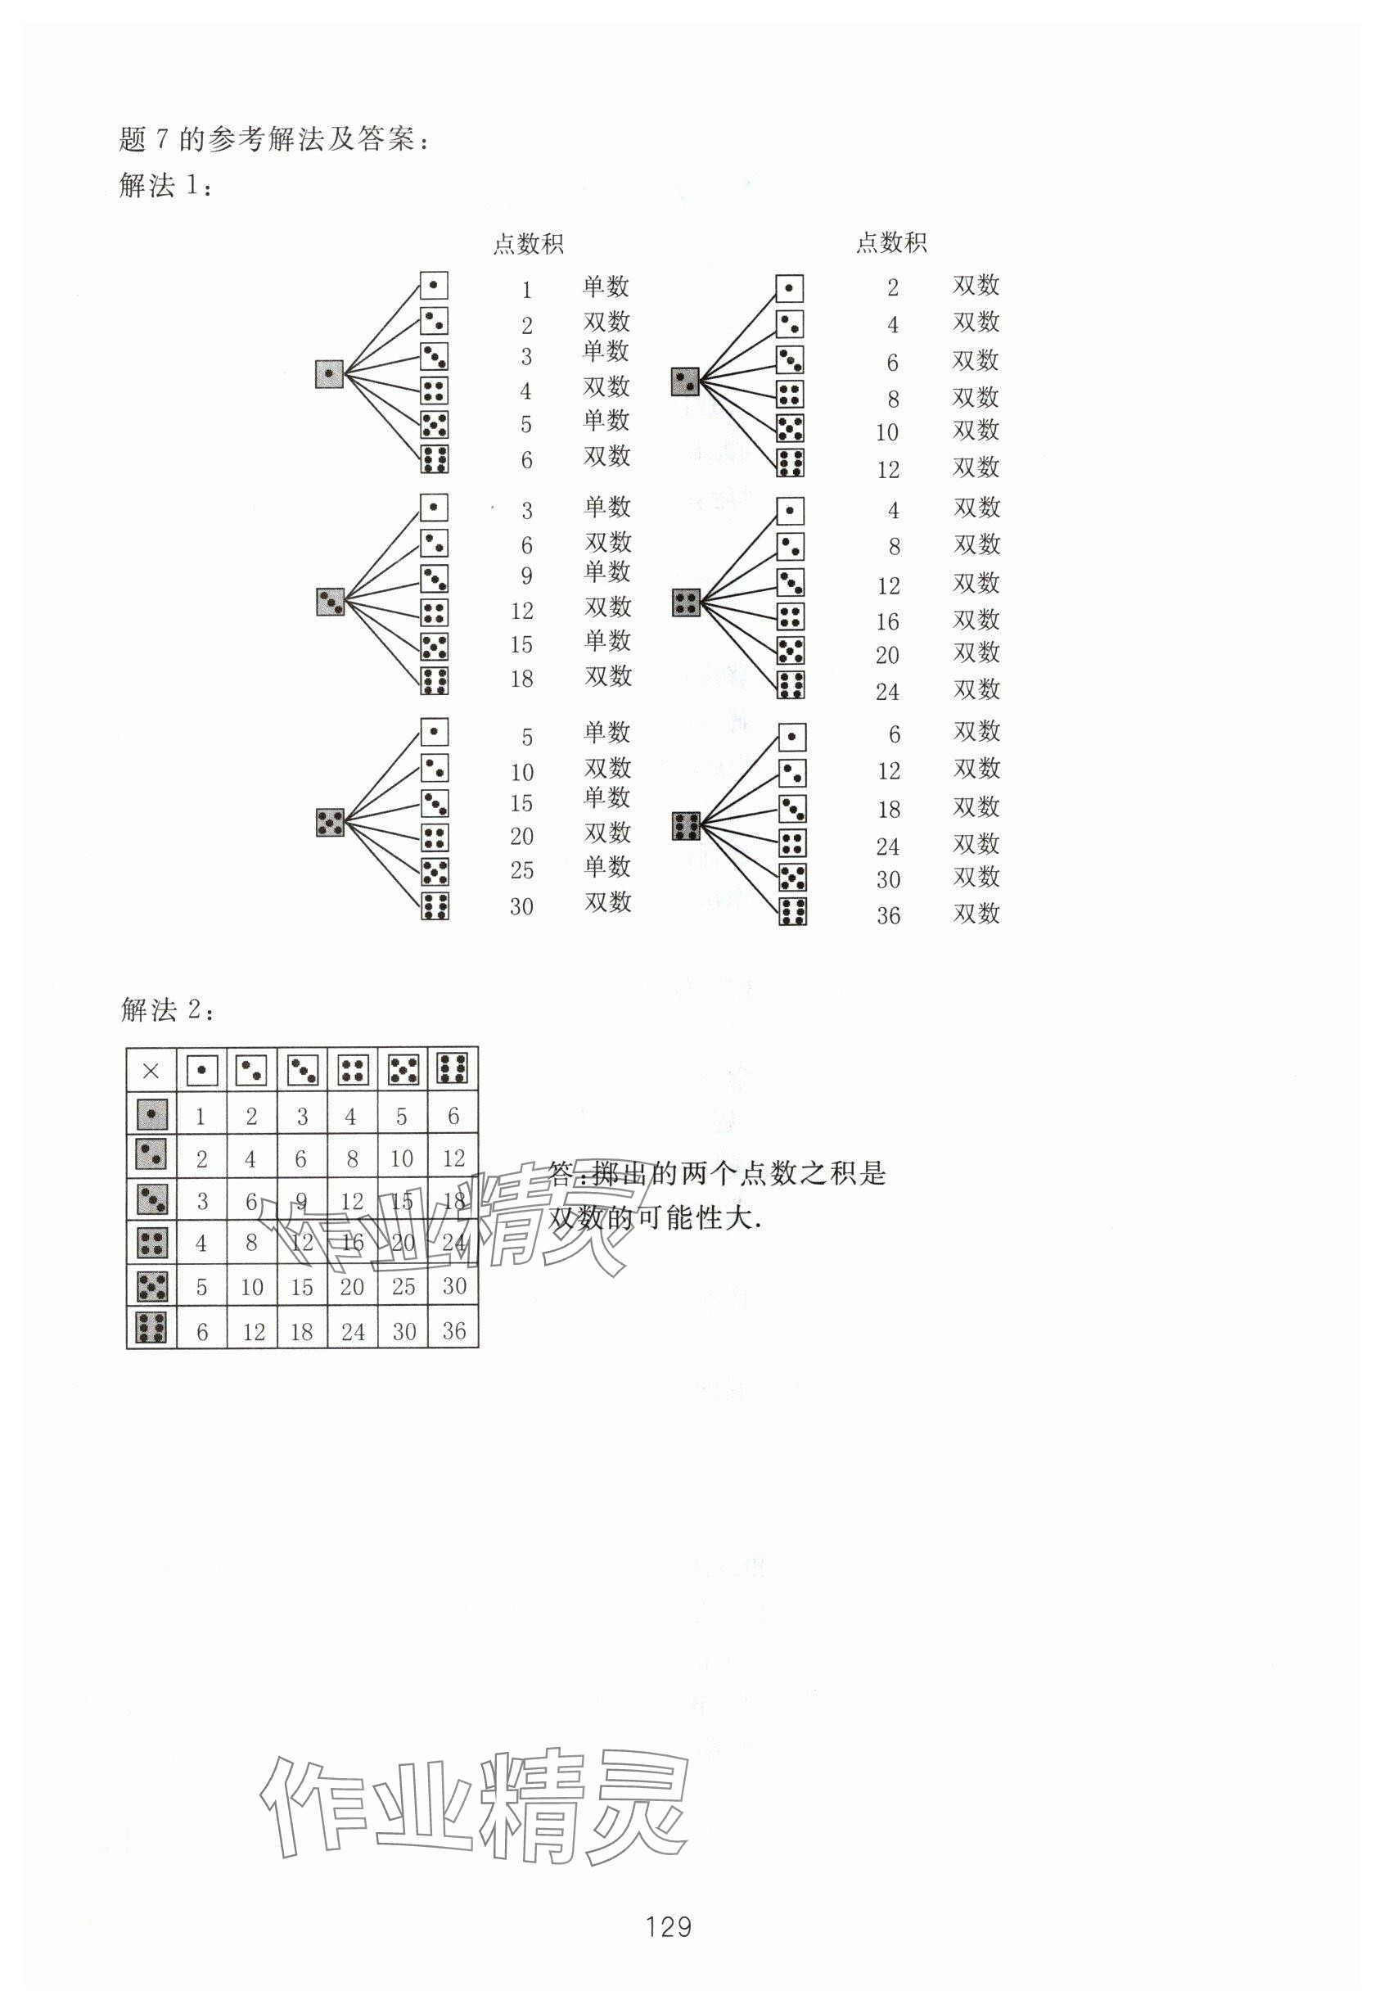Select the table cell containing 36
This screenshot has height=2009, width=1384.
tap(453, 1330)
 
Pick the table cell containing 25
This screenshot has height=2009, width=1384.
tap(403, 1286)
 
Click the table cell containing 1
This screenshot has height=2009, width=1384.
tap(201, 1117)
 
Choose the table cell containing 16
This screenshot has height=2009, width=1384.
tap(352, 1243)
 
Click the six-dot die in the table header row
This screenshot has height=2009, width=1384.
tap(453, 1068)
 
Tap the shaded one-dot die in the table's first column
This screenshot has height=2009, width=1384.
tap(151, 1114)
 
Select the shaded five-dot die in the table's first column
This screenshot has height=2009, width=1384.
tap(151, 1285)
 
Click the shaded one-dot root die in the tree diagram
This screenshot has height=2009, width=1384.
tap(330, 374)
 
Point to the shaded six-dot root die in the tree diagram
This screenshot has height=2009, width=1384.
tap(686, 826)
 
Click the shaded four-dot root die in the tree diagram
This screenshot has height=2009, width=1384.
tap(686, 602)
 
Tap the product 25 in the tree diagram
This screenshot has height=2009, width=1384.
tap(522, 870)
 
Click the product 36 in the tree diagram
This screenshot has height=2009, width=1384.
tap(888, 916)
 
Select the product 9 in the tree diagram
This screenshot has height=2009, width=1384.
tap(526, 576)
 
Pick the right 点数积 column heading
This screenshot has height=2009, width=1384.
tap(891, 243)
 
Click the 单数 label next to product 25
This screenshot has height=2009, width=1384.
tap(607, 867)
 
